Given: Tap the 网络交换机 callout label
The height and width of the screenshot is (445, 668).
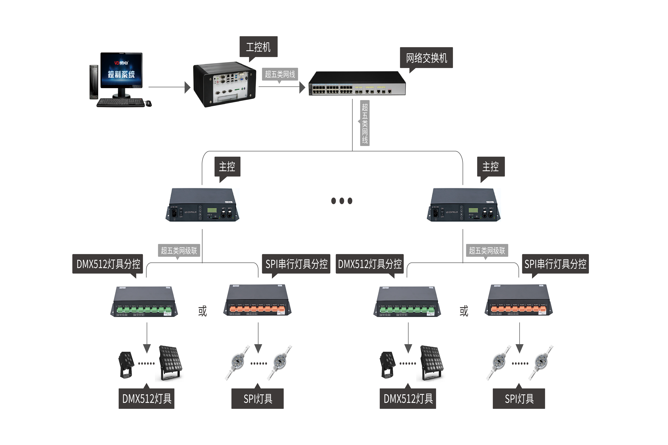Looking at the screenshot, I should tap(426, 58).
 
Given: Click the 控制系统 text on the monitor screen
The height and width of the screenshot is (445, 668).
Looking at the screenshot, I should tap(121, 74).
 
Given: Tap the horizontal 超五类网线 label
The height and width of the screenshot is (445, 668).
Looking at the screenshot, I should tap(280, 74).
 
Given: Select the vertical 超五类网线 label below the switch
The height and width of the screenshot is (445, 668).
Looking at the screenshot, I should tap(365, 123).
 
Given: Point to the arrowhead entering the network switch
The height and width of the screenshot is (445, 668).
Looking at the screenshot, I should tap(302, 87).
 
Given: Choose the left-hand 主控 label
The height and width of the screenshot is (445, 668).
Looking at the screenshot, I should tap(227, 167).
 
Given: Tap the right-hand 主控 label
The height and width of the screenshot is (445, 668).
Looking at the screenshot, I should tap(490, 167).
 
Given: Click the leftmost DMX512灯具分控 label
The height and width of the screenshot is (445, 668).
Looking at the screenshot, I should tap(108, 264).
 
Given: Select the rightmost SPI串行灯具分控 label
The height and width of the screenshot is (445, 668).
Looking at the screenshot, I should tap(555, 264).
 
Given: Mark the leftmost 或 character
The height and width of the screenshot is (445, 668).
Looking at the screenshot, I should tap(203, 311).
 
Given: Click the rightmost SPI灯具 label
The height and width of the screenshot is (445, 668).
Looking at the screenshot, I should tap(519, 399).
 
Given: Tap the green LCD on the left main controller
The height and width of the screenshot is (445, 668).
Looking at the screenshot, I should tap(212, 210).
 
